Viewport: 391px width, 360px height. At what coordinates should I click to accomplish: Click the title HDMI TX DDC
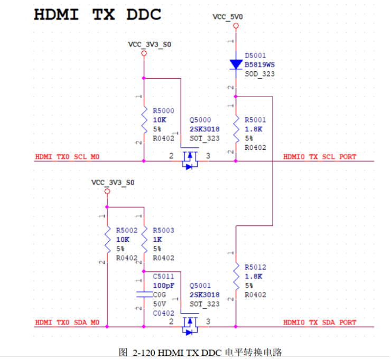click(97, 14)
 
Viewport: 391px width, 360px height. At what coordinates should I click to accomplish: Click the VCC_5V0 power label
click(228, 17)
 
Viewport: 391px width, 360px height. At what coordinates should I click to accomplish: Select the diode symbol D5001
click(236, 64)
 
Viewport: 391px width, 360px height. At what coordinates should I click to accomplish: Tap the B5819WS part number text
click(259, 64)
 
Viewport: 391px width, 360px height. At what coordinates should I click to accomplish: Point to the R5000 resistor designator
click(163, 111)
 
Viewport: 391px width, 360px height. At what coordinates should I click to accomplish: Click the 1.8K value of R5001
click(253, 129)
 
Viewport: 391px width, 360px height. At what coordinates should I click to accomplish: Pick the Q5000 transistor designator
click(200, 120)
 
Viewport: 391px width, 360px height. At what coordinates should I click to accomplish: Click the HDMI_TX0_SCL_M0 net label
click(67, 157)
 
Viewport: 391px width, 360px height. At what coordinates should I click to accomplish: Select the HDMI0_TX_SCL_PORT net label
click(320, 157)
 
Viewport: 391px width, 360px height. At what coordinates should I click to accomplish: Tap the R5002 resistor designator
click(126, 231)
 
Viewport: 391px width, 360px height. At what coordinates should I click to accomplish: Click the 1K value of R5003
click(157, 240)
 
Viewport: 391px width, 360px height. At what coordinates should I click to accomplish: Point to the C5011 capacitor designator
click(163, 276)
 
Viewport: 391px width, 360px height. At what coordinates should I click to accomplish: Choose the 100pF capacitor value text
click(163, 286)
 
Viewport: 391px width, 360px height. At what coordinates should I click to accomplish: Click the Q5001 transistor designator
click(200, 286)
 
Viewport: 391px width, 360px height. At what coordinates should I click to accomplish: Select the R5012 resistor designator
click(256, 267)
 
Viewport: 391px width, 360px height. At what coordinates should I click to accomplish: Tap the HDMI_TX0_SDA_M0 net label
click(67, 322)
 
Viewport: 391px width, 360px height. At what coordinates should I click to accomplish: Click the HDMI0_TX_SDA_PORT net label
click(320, 322)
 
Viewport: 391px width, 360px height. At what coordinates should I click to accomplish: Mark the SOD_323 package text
click(259, 74)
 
